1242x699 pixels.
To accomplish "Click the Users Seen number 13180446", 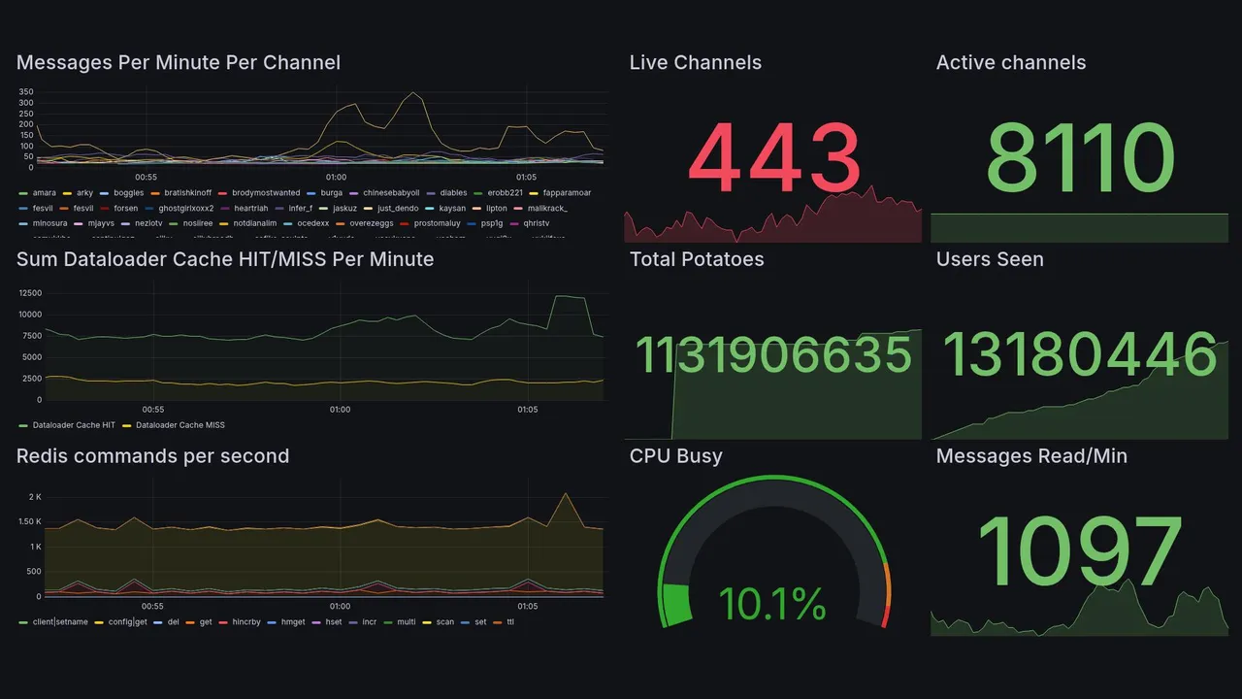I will [1079, 354].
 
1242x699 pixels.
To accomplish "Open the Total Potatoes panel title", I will [696, 259].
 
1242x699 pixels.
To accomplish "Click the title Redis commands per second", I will [152, 456].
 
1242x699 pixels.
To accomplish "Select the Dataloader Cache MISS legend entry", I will [180, 425].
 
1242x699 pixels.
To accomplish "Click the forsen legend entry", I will [125, 209].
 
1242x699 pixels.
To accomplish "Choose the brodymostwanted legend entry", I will [266, 193].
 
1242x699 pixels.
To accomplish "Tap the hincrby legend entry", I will [247, 622].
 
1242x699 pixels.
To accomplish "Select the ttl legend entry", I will [510, 622].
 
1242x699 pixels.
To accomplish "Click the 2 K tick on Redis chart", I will [35, 497].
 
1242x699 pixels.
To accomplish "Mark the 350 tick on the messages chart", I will [26, 91].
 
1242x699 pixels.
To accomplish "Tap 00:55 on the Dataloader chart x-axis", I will [152, 410].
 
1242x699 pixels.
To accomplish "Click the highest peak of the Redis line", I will [565, 494].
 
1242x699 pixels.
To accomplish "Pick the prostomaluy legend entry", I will [437, 223].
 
